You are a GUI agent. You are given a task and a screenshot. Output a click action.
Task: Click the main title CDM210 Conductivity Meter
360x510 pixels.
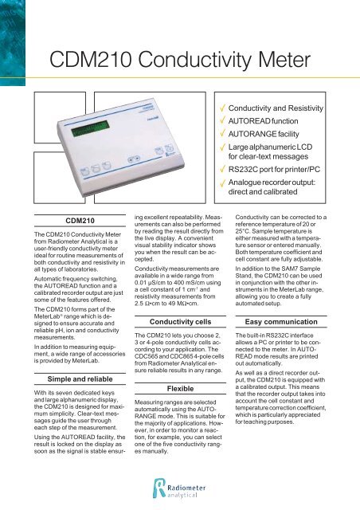click(180, 57)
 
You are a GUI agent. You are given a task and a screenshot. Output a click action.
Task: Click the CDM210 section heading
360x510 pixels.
click(65, 220)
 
